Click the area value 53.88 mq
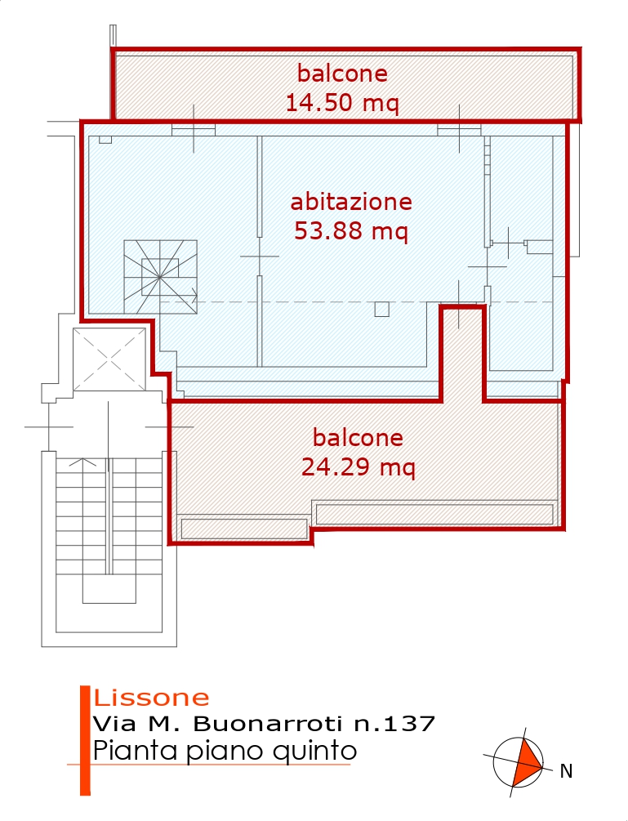pos(350,231)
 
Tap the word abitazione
pos(351,202)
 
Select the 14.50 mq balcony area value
pos(342,102)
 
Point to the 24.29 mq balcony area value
pos(359,466)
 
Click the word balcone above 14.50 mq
pos(342,74)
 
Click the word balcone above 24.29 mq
pos(358,438)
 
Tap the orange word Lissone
pos(151,698)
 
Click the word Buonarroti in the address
pos(267,724)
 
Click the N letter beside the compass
pos(566,771)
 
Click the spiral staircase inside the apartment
pos(161,277)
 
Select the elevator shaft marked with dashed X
pos(109,359)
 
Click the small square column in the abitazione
pos(382,310)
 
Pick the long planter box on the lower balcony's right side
pos(435,514)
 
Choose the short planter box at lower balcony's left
pos(244,529)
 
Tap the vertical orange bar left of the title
pos(85,740)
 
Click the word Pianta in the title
pos(134,750)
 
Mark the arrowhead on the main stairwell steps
pos(82,462)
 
